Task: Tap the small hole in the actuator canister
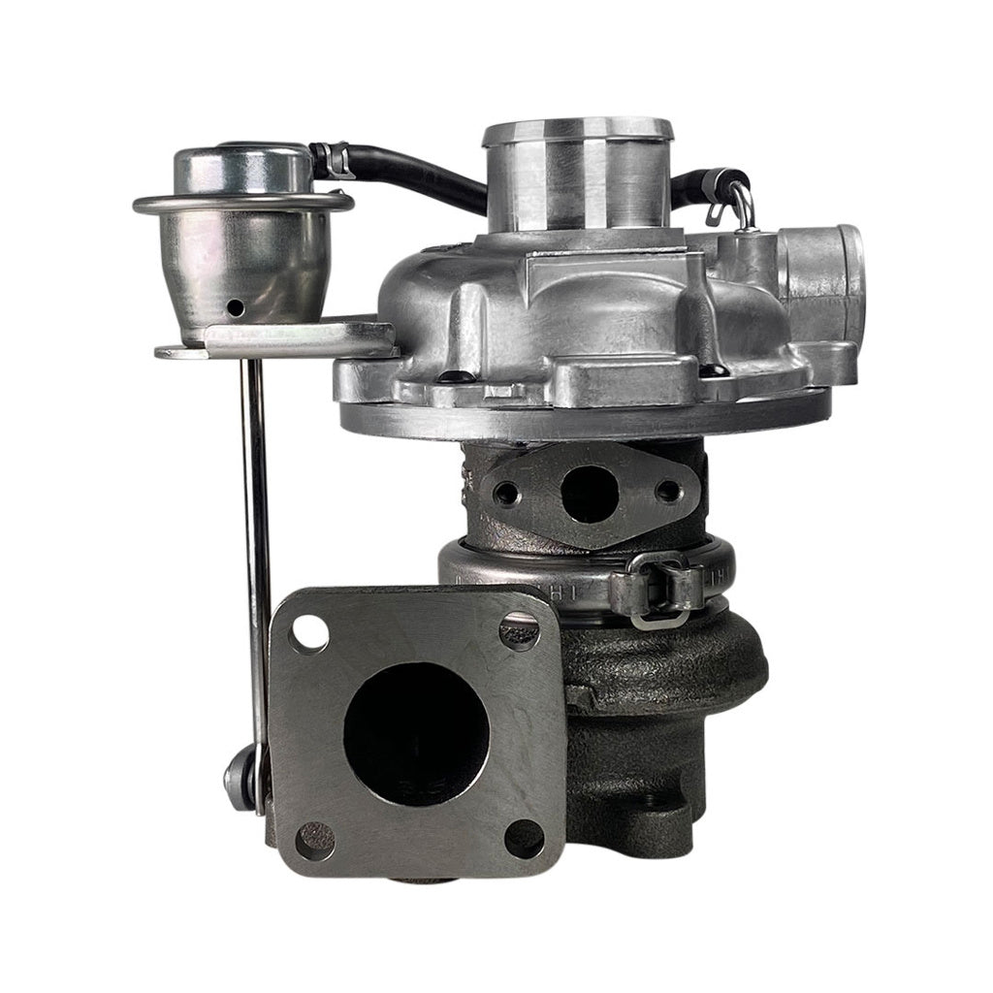(x=234, y=307)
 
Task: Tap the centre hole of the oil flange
(x=589, y=493)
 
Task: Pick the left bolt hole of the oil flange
(x=507, y=494)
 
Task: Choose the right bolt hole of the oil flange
(x=667, y=491)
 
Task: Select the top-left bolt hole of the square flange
(x=309, y=633)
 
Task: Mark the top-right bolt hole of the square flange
(x=519, y=631)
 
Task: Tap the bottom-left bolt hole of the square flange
(x=314, y=840)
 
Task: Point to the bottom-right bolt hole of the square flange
(x=525, y=839)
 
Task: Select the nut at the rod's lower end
(x=238, y=775)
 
